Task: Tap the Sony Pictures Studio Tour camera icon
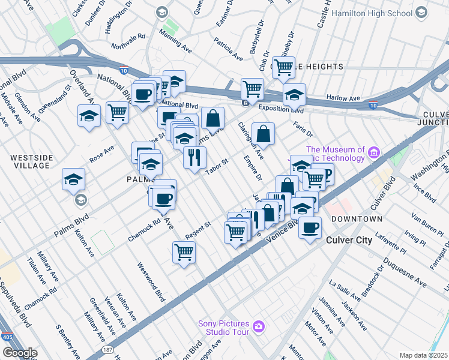coord(259,326)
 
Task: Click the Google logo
coord(19,353)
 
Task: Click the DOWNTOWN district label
coord(357,220)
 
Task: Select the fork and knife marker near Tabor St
coord(194,158)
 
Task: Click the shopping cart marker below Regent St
coord(184,251)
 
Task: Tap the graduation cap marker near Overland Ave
coord(89,115)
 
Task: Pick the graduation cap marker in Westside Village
coord(73,179)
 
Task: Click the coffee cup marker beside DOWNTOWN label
coord(310,228)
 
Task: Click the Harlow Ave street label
coord(343,98)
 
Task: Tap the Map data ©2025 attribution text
coord(423,355)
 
